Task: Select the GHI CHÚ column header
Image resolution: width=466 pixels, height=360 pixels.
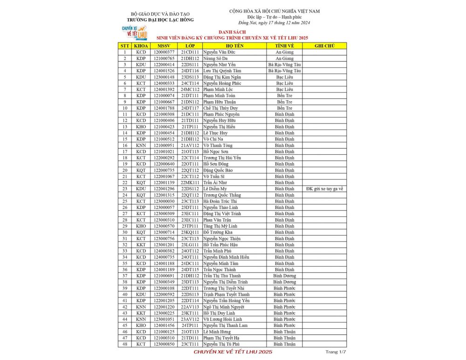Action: [x=325, y=46]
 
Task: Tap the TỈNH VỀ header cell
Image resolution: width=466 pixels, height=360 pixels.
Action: [x=284, y=46]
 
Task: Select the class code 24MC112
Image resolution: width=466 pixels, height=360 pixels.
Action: [x=190, y=89]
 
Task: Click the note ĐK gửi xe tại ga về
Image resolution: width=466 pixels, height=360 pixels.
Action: [x=325, y=188]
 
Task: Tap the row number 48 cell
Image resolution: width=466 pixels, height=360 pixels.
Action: [x=125, y=344]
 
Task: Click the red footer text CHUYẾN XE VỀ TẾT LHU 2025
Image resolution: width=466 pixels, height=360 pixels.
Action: [x=233, y=352]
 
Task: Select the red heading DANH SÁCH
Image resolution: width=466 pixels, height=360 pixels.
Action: [x=233, y=33]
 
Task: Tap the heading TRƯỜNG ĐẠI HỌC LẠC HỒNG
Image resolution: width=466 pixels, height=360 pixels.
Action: [x=160, y=20]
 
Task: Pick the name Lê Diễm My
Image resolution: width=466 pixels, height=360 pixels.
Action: [x=215, y=188]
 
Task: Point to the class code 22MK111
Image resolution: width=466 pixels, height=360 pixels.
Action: [x=190, y=182]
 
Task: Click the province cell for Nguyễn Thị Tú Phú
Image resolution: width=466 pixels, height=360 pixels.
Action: [x=284, y=344]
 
